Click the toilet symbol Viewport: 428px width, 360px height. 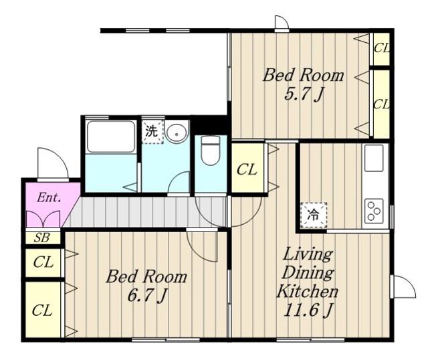coord(210,150)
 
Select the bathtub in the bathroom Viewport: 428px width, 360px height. coord(110,137)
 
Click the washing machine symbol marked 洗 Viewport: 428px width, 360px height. coord(152,132)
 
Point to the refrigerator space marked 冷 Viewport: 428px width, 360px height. coord(314,215)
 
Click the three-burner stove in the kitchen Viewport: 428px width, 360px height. coord(374,210)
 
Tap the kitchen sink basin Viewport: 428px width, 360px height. coord(374,158)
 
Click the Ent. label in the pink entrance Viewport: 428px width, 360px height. coord(49,197)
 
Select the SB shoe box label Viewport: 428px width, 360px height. coord(41,238)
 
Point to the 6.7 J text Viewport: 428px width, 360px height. coord(147,296)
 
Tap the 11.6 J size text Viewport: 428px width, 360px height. coord(308,310)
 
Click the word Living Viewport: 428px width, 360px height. coord(308,254)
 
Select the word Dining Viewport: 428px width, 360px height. coord(308,273)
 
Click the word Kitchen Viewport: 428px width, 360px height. coord(308,291)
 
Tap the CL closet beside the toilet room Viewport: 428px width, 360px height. coord(247,169)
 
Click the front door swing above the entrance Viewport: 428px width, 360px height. coord(53,163)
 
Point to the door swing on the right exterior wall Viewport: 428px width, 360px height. coord(403,286)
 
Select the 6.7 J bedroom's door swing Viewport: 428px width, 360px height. coord(202,246)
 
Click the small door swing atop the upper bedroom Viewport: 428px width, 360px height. coord(282,22)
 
